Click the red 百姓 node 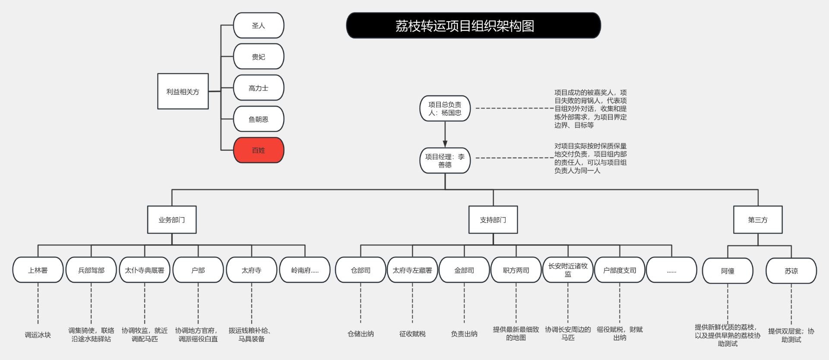point(259,150)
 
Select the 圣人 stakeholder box point(259,25)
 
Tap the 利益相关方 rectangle point(183,91)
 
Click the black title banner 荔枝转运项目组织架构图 point(473,25)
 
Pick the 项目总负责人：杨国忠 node point(445,108)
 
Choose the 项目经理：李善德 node point(445,161)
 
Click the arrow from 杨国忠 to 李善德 point(445,134)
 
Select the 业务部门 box point(172,220)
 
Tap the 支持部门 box point(493,220)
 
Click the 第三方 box point(758,220)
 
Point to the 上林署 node point(38,270)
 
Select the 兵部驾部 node point(91,270)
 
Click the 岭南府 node point(305,270)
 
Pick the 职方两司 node point(516,270)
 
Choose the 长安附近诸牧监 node point(568,270)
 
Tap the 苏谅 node point(791,271)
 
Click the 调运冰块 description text point(38,335)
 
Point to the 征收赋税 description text point(412,334)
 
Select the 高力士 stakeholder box point(259,88)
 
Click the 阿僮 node point(728,271)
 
